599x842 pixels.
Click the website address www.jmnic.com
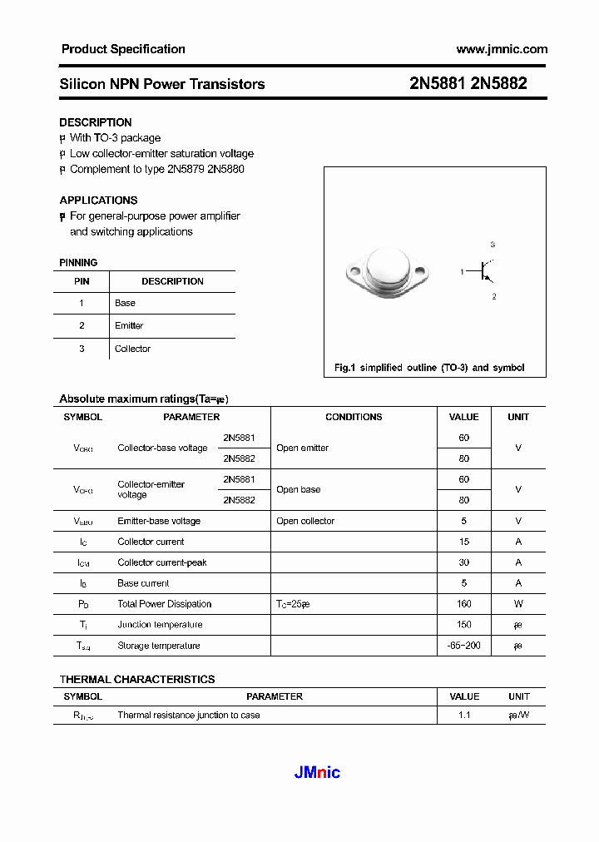pos(502,49)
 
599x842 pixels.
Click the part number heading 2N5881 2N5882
pos(468,83)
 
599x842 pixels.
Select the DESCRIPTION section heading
pos(95,122)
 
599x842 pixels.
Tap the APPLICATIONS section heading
pos(98,200)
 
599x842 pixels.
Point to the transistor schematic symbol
pos(483,270)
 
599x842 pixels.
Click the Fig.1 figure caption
pos(428,367)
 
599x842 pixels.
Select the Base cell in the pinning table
pos(125,303)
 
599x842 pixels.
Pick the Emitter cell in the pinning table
pos(129,325)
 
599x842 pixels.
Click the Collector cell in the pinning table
pos(132,349)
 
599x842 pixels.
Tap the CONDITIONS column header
pos(354,417)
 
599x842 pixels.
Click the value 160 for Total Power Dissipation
pos(463,604)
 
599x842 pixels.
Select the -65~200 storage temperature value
pos(463,646)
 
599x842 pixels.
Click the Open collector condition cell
pos(305,521)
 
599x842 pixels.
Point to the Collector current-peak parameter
pos(161,562)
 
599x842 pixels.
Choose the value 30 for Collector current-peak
pos(463,562)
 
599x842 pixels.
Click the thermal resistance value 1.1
pos(463,715)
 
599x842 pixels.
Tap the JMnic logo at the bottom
pos(317,772)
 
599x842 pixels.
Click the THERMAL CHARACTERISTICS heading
pos(137,679)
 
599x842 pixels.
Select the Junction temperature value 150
pos(463,625)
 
